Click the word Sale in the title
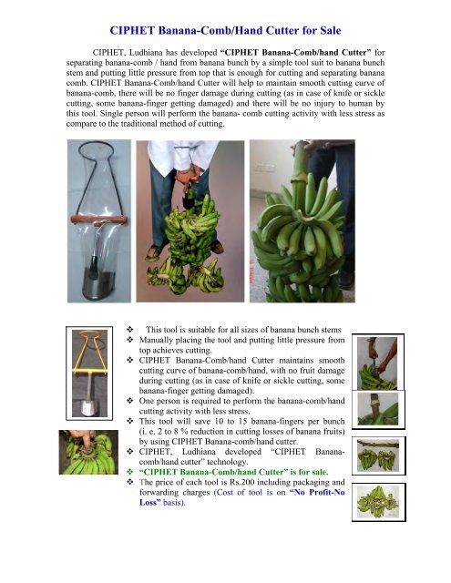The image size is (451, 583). (330, 30)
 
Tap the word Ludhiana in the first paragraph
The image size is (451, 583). (146, 53)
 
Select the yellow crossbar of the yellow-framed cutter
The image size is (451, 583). (89, 370)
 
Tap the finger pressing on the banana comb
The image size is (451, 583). (85, 439)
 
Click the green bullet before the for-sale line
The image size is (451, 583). (129, 472)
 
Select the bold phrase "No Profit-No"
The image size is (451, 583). (317, 492)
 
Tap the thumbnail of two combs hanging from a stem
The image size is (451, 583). (378, 455)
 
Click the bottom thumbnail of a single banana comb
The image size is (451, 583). (378, 502)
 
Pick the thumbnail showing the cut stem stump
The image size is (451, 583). (378, 409)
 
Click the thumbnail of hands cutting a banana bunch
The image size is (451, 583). (378, 363)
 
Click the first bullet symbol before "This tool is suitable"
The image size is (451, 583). (129, 330)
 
